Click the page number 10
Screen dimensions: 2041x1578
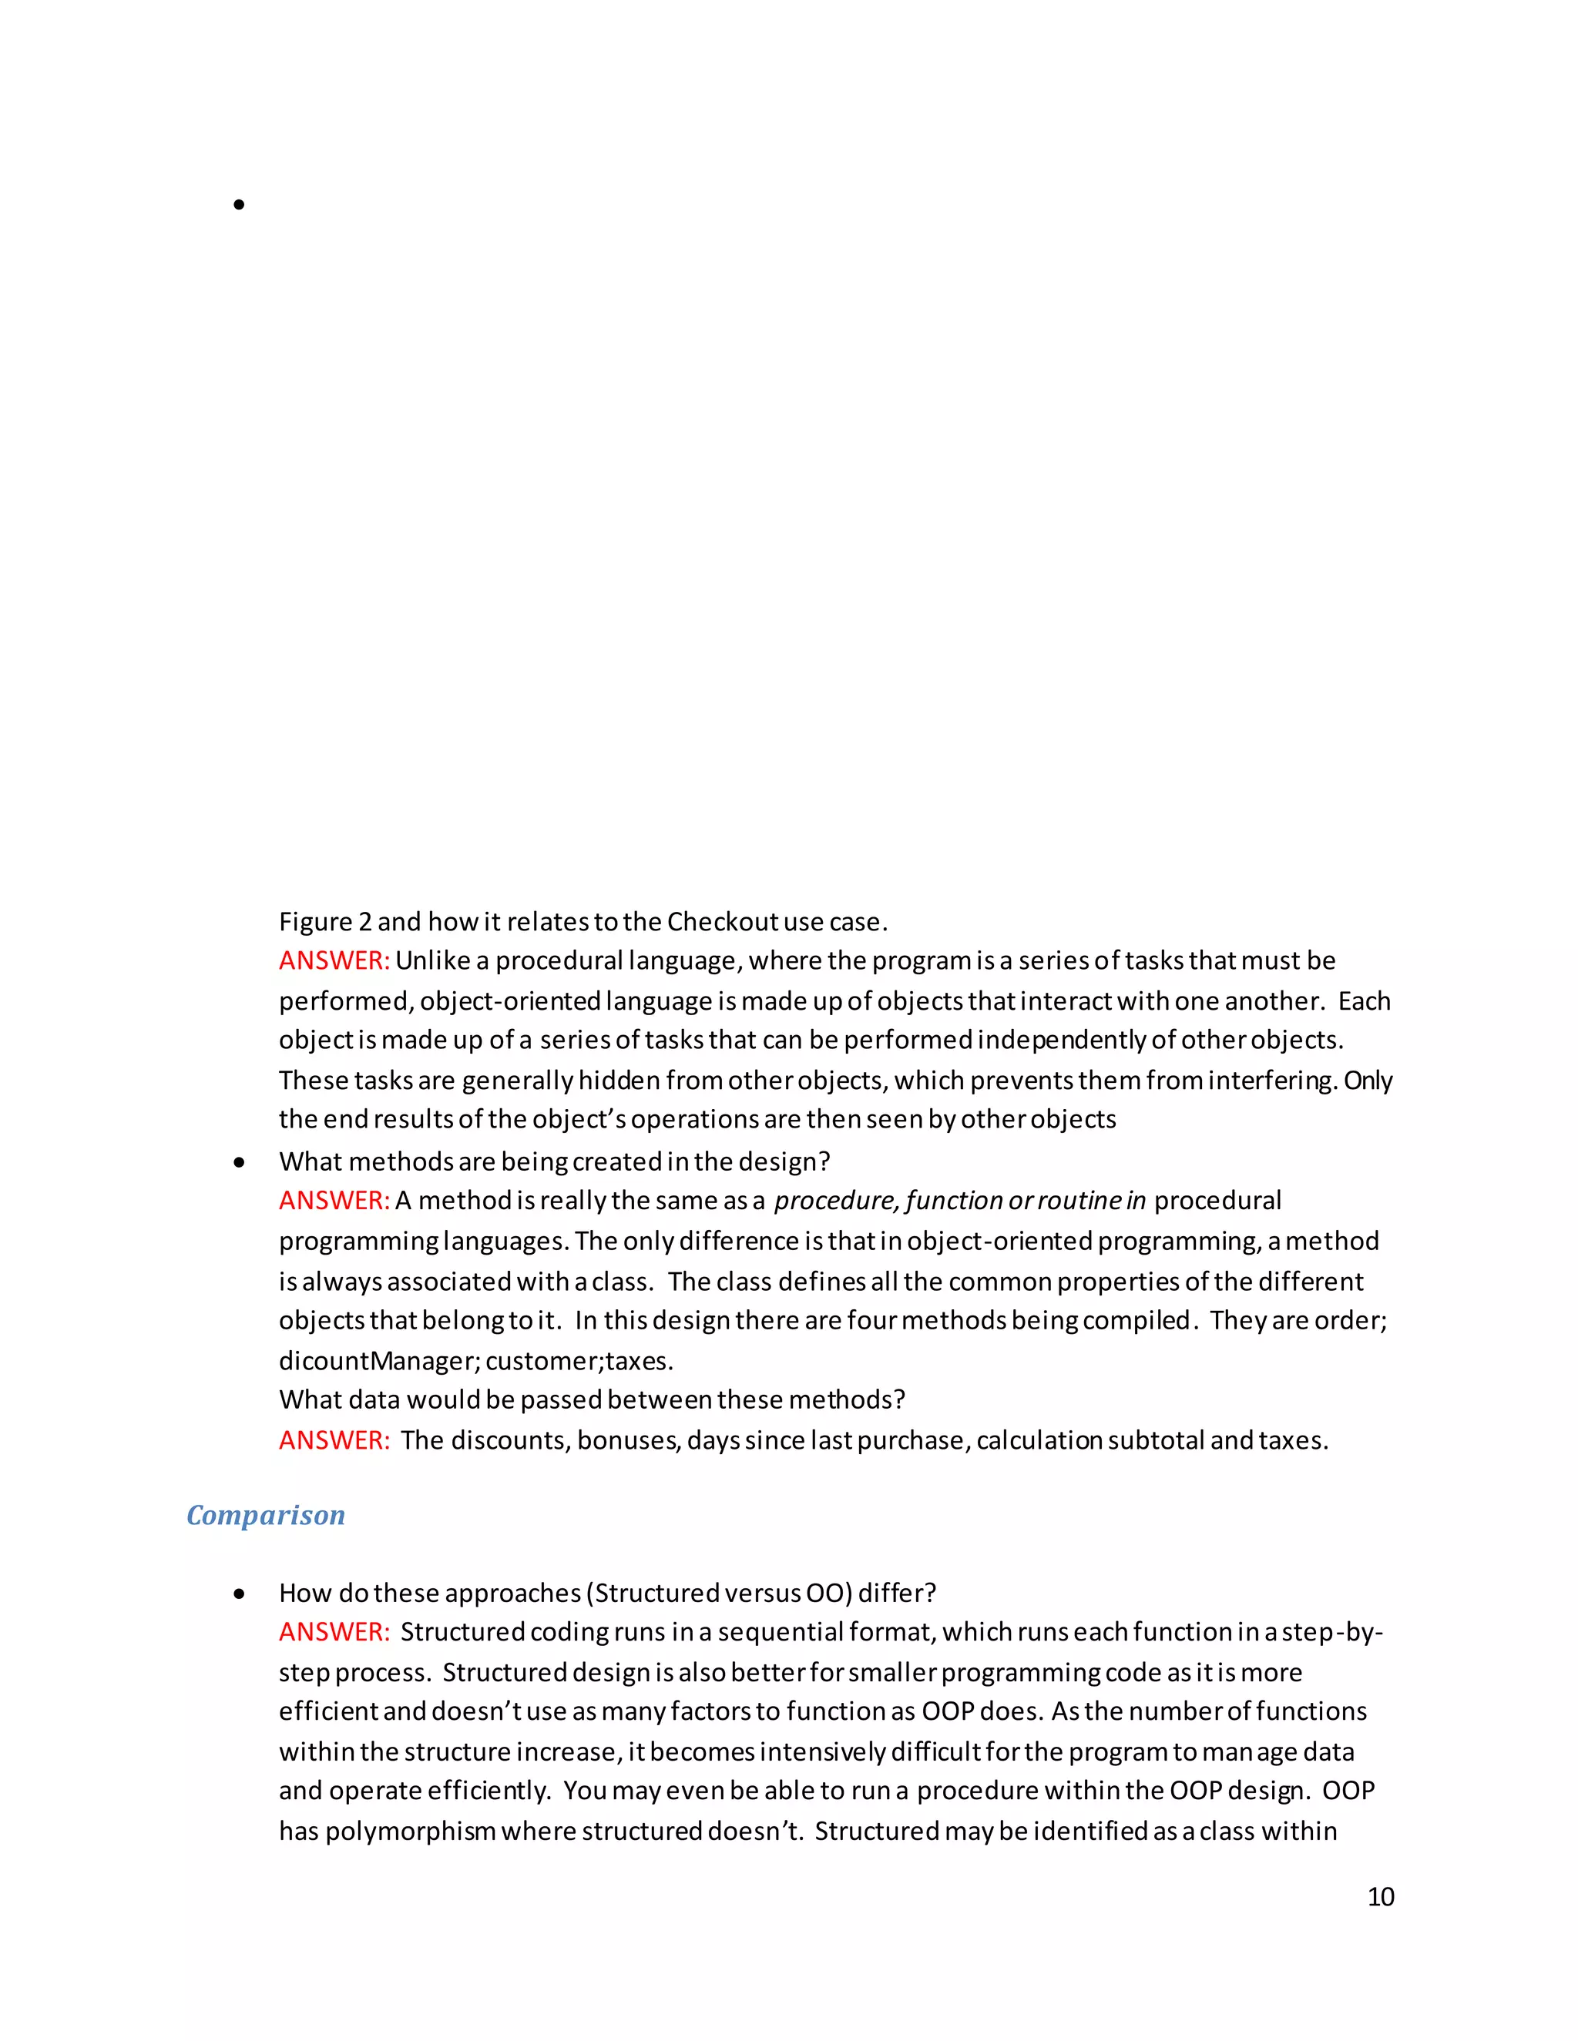[1380, 1896]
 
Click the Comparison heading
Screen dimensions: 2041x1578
[266, 1515]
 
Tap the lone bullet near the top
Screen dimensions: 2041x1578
[240, 205]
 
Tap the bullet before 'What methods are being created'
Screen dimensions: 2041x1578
[240, 1162]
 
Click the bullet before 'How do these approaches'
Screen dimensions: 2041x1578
[240, 1594]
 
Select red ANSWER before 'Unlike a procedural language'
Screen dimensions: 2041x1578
[334, 960]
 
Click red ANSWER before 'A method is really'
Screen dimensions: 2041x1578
[334, 1201]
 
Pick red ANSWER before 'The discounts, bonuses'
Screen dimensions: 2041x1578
[334, 1440]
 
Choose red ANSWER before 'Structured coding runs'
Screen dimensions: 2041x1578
[334, 1632]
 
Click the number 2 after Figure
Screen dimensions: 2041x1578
[364, 923]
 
